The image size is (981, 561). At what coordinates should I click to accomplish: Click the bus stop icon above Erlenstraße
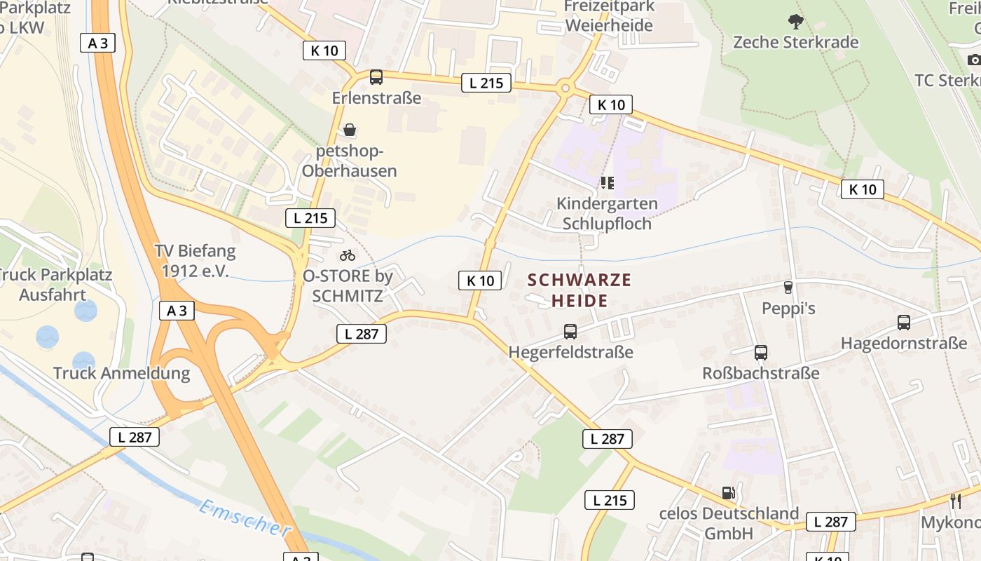click(376, 77)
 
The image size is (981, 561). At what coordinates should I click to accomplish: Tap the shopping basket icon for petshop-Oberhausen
click(350, 130)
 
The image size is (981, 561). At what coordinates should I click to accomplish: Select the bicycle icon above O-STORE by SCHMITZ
click(348, 255)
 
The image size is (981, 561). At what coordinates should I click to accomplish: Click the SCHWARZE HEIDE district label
click(579, 290)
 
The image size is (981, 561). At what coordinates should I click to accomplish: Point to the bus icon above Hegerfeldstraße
click(570, 331)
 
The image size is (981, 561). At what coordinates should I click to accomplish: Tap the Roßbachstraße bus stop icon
click(761, 353)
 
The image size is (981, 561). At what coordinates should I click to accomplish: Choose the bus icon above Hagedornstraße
click(904, 323)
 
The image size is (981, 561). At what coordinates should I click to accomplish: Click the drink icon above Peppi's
click(788, 287)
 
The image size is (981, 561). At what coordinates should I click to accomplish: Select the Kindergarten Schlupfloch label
click(607, 213)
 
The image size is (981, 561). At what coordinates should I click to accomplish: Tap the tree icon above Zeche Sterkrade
click(795, 21)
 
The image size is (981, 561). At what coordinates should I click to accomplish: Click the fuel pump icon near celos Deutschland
click(729, 493)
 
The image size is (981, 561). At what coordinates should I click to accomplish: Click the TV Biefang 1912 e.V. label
click(195, 260)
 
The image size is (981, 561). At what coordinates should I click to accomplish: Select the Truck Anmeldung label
click(121, 372)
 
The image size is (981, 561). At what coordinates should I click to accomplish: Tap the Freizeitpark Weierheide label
click(610, 16)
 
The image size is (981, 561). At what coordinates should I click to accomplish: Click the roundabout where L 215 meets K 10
click(565, 89)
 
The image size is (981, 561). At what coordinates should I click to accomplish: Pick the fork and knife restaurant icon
click(955, 501)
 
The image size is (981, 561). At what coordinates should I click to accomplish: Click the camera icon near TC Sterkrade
click(974, 60)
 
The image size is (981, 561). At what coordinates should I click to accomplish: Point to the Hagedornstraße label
click(903, 344)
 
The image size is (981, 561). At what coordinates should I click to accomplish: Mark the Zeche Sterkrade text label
click(795, 42)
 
